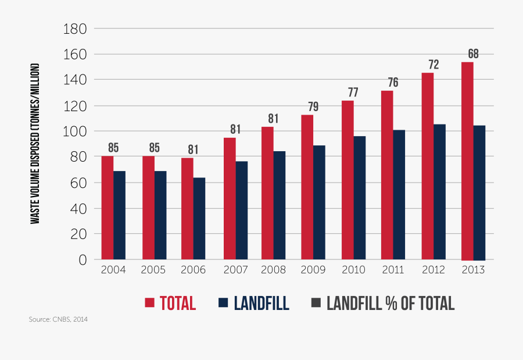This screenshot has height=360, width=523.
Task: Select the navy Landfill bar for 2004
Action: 119,215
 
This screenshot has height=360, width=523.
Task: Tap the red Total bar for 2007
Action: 230,198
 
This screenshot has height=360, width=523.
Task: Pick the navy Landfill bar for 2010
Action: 360,198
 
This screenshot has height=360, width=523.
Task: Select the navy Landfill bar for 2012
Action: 439,192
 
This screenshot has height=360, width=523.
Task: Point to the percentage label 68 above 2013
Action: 473,54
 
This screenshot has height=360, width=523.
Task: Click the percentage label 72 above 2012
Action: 434,65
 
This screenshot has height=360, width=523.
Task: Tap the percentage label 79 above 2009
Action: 313,107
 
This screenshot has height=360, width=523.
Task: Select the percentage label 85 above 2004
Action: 113,148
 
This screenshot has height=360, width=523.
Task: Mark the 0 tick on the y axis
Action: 83,259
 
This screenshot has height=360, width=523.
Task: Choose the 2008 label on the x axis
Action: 274,270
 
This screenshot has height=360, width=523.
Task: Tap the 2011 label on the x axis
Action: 393,270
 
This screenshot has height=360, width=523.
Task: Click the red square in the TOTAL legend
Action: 149,303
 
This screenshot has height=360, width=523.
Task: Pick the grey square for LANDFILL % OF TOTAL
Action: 316,303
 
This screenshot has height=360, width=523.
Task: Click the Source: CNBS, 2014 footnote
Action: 58,320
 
